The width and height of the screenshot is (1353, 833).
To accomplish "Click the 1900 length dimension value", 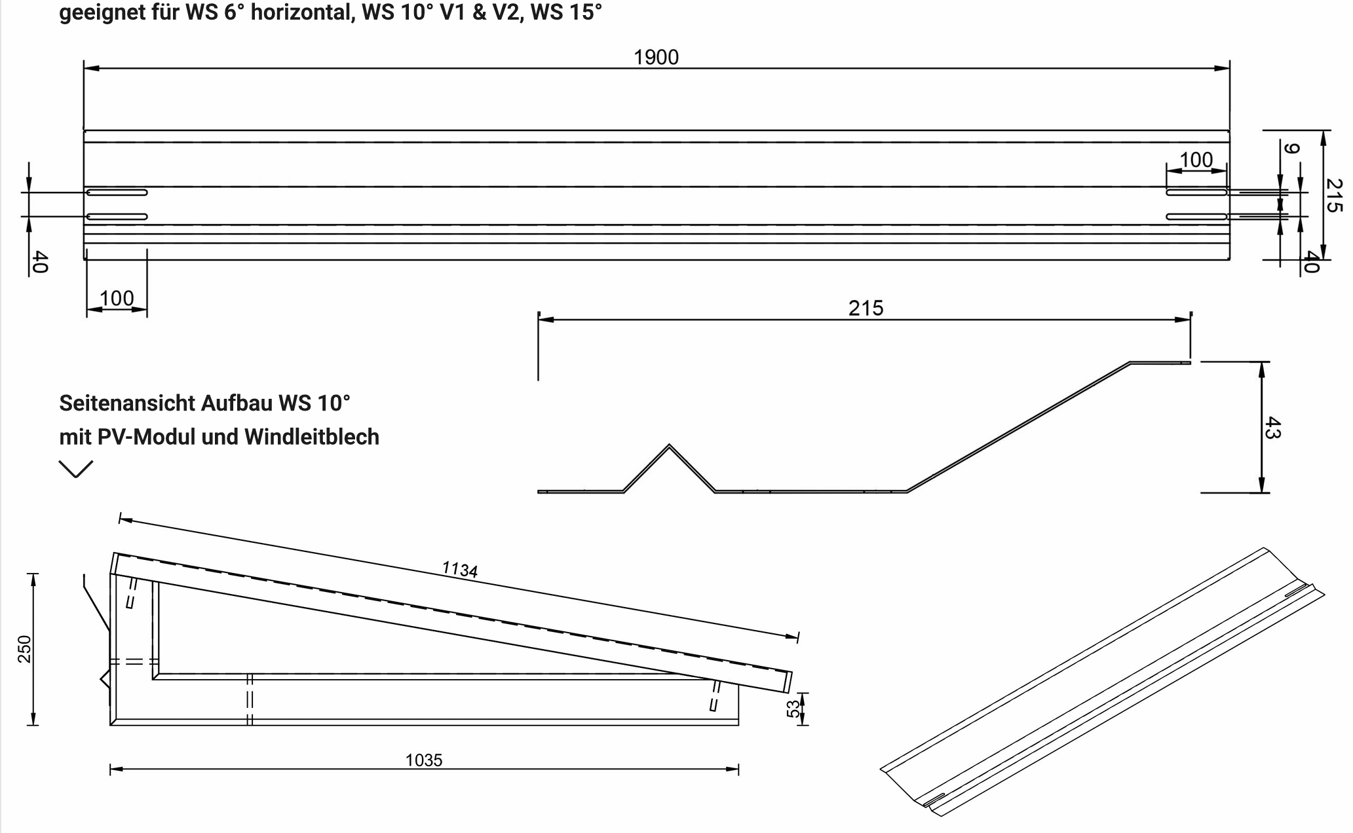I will pyautogui.click(x=656, y=58).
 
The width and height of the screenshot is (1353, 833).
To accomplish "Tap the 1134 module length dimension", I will pyautogui.click(x=460, y=569).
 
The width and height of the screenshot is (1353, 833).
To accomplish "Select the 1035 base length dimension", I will pyautogui.click(x=424, y=760).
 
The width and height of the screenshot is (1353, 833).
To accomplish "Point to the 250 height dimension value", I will pyautogui.click(x=24, y=649).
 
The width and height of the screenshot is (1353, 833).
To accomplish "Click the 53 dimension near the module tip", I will pyautogui.click(x=793, y=709).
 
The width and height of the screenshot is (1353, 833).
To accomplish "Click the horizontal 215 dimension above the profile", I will pyautogui.click(x=866, y=308).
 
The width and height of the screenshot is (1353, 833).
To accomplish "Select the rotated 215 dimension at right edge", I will pyautogui.click(x=1333, y=195).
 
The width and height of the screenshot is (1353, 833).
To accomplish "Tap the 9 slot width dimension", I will pyautogui.click(x=1290, y=149).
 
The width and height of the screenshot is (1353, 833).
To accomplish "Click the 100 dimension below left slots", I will pyautogui.click(x=117, y=299).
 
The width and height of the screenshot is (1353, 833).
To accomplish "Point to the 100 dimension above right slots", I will pyautogui.click(x=1196, y=160).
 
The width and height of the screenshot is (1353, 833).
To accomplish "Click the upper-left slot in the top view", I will pyautogui.click(x=117, y=193).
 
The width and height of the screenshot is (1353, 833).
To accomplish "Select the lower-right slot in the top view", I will pyautogui.click(x=1196, y=217).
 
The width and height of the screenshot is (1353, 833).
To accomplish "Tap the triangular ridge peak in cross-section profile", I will pyautogui.click(x=669, y=447).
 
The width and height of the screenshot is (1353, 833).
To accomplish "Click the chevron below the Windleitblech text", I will pyautogui.click(x=76, y=468).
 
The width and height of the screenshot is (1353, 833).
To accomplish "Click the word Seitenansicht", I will pyautogui.click(x=127, y=403).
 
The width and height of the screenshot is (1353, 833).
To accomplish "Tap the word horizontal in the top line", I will pyautogui.click(x=301, y=12).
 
